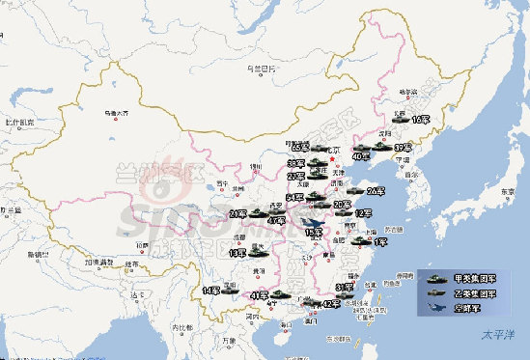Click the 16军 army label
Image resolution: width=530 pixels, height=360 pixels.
tap(420, 120)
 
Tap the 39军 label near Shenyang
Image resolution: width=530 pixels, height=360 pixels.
tap(403, 148)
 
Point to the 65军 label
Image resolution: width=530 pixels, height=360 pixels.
tap(298, 147)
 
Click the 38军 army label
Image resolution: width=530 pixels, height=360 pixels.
tap(294, 163)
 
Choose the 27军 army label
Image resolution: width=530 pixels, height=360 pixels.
tap(294, 176)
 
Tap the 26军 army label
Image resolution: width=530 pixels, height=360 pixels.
tap(376, 190)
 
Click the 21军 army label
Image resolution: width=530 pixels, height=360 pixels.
tap(238, 213)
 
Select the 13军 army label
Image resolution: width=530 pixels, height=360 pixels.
tap(237, 253)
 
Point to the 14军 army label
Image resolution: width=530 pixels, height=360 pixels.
tap(211, 290)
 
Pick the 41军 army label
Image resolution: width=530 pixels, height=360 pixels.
tap(258, 295)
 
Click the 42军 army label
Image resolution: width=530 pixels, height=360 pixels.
tap(330, 304)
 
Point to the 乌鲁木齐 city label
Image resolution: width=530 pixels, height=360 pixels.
tap(117, 111)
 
